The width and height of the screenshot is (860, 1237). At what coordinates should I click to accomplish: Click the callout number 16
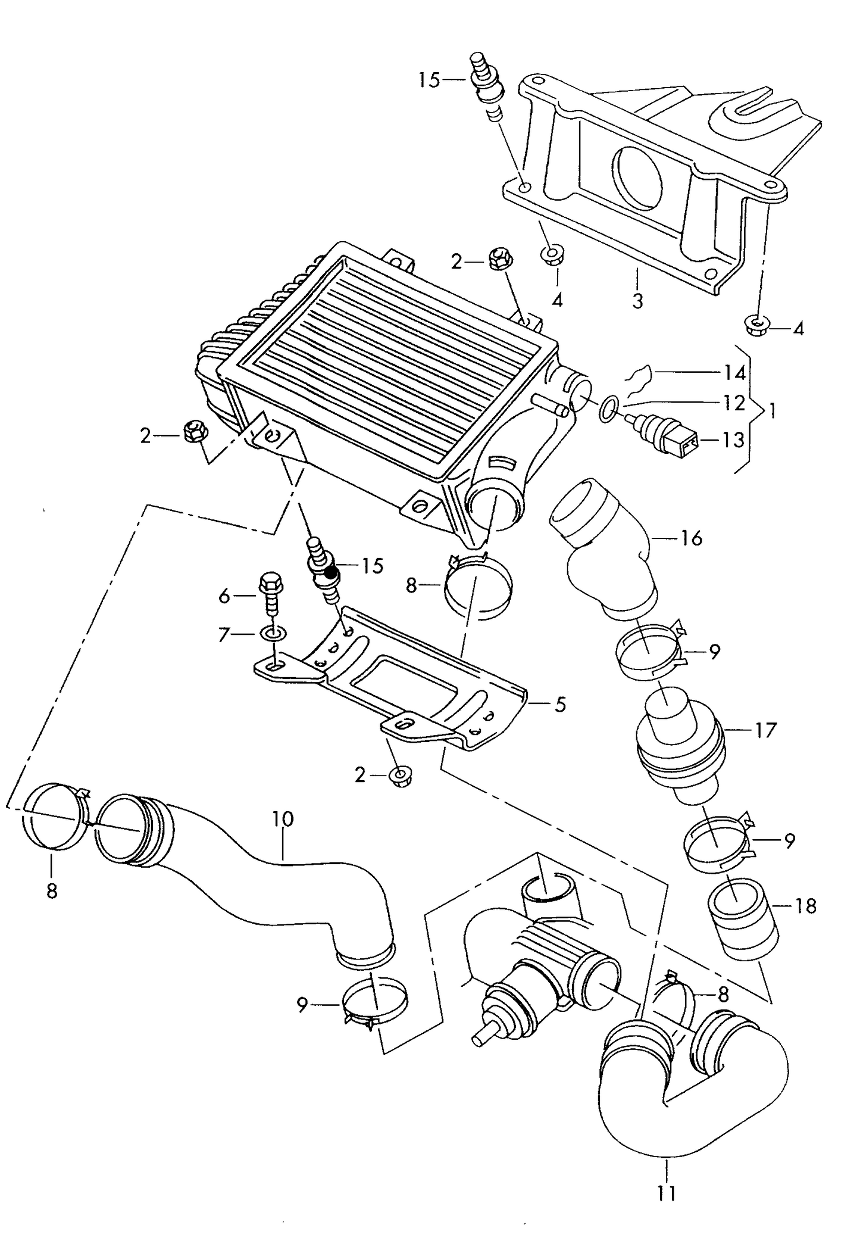tap(691, 538)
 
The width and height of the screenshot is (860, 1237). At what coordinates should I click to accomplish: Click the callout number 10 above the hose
tap(283, 819)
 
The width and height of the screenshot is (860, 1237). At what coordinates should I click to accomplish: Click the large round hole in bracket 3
tap(639, 177)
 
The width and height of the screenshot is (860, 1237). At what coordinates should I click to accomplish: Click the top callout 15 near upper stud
tap(429, 79)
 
